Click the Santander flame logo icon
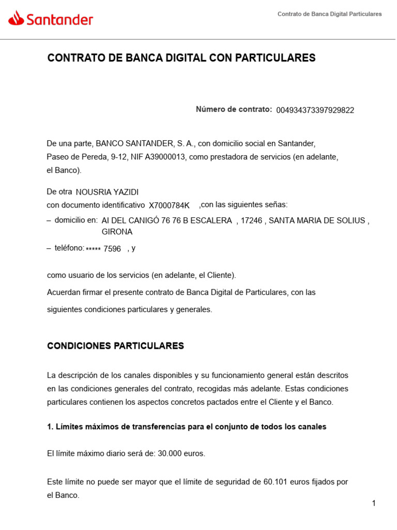coord(17,19)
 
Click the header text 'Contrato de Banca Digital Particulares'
coord(329,14)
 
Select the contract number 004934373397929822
coord(315,110)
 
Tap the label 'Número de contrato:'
coord(234,109)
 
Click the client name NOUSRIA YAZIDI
coord(107,192)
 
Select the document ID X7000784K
coord(169,205)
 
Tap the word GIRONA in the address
coord(117,232)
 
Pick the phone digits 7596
coord(112,249)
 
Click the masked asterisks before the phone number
coord(93,249)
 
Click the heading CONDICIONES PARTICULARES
coord(115,346)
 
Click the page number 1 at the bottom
coord(373,504)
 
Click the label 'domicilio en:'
coord(76,220)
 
